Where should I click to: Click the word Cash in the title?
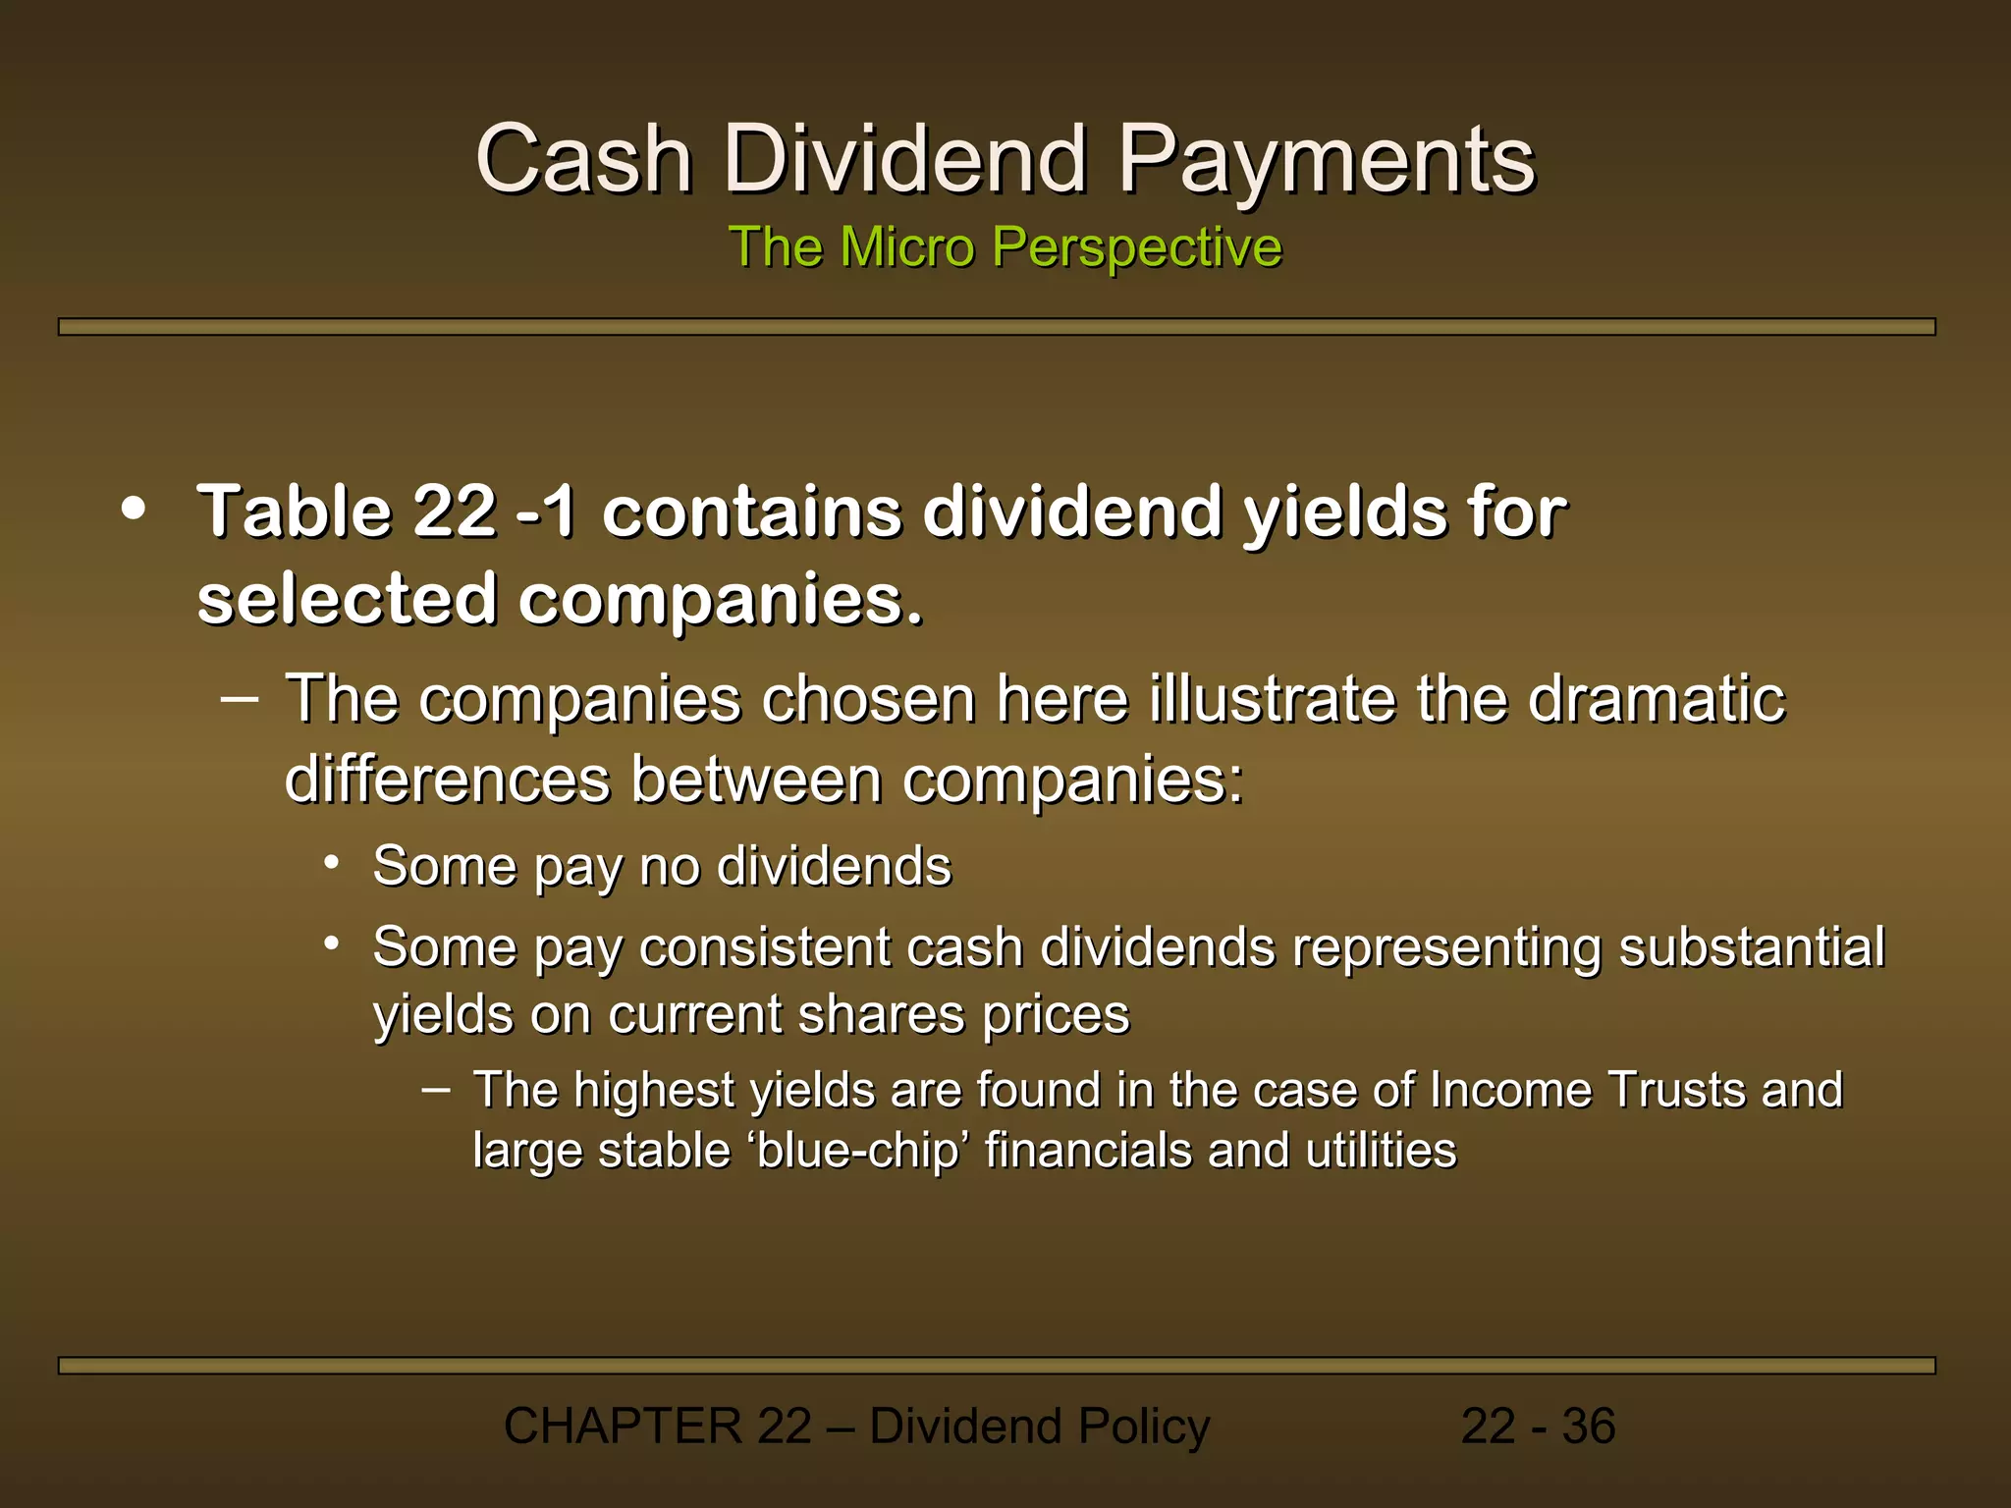coord(584,159)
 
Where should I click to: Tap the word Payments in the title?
coord(1327,161)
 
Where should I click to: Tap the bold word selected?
coord(347,599)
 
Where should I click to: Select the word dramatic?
coord(1657,699)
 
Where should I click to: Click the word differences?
coord(448,780)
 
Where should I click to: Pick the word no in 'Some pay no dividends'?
coord(670,867)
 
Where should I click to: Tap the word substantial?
coord(1751,947)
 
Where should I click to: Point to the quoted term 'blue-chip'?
coord(855,1151)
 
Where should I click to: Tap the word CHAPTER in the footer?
coord(623,1427)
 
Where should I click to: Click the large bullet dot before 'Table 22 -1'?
coord(134,510)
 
